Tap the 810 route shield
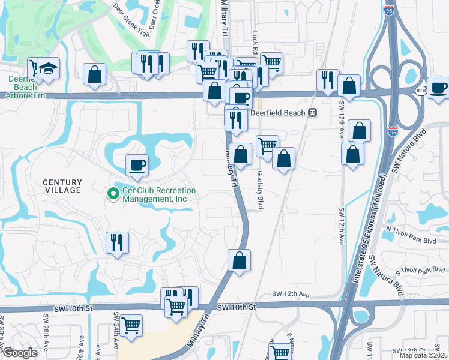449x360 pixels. coord(421,90)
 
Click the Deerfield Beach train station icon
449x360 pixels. coord(312,112)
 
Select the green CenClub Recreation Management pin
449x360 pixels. coord(112,194)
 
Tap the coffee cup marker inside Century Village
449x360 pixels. coord(137,165)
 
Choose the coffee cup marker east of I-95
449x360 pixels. coord(439,88)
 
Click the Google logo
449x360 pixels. coord(20,353)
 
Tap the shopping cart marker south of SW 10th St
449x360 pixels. coord(131,326)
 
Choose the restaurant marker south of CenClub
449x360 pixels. coord(116,243)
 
